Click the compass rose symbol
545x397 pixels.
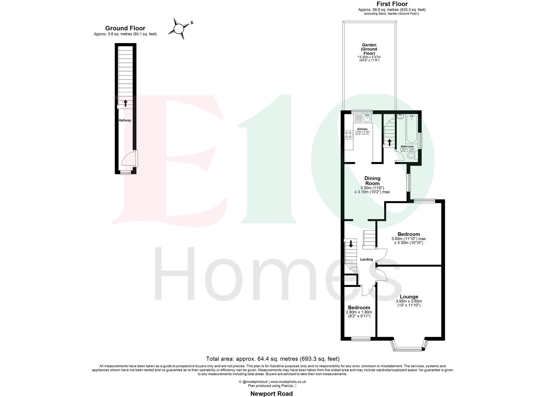[179, 28]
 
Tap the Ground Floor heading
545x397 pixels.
[125, 28]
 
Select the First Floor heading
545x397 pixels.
[392, 4]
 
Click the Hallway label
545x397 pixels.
[125, 120]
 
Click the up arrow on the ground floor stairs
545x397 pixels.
[125, 103]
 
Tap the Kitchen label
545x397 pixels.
[362, 129]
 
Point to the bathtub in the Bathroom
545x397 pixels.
[411, 130]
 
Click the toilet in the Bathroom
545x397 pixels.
[410, 156]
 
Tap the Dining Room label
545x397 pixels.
[372, 181]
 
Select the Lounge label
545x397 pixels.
[409, 297]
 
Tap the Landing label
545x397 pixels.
[366, 259]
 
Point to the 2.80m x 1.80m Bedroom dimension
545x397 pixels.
[359, 312]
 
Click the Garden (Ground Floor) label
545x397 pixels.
[369, 49]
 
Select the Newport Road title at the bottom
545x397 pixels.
[271, 393]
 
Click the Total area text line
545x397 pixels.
[272, 359]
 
